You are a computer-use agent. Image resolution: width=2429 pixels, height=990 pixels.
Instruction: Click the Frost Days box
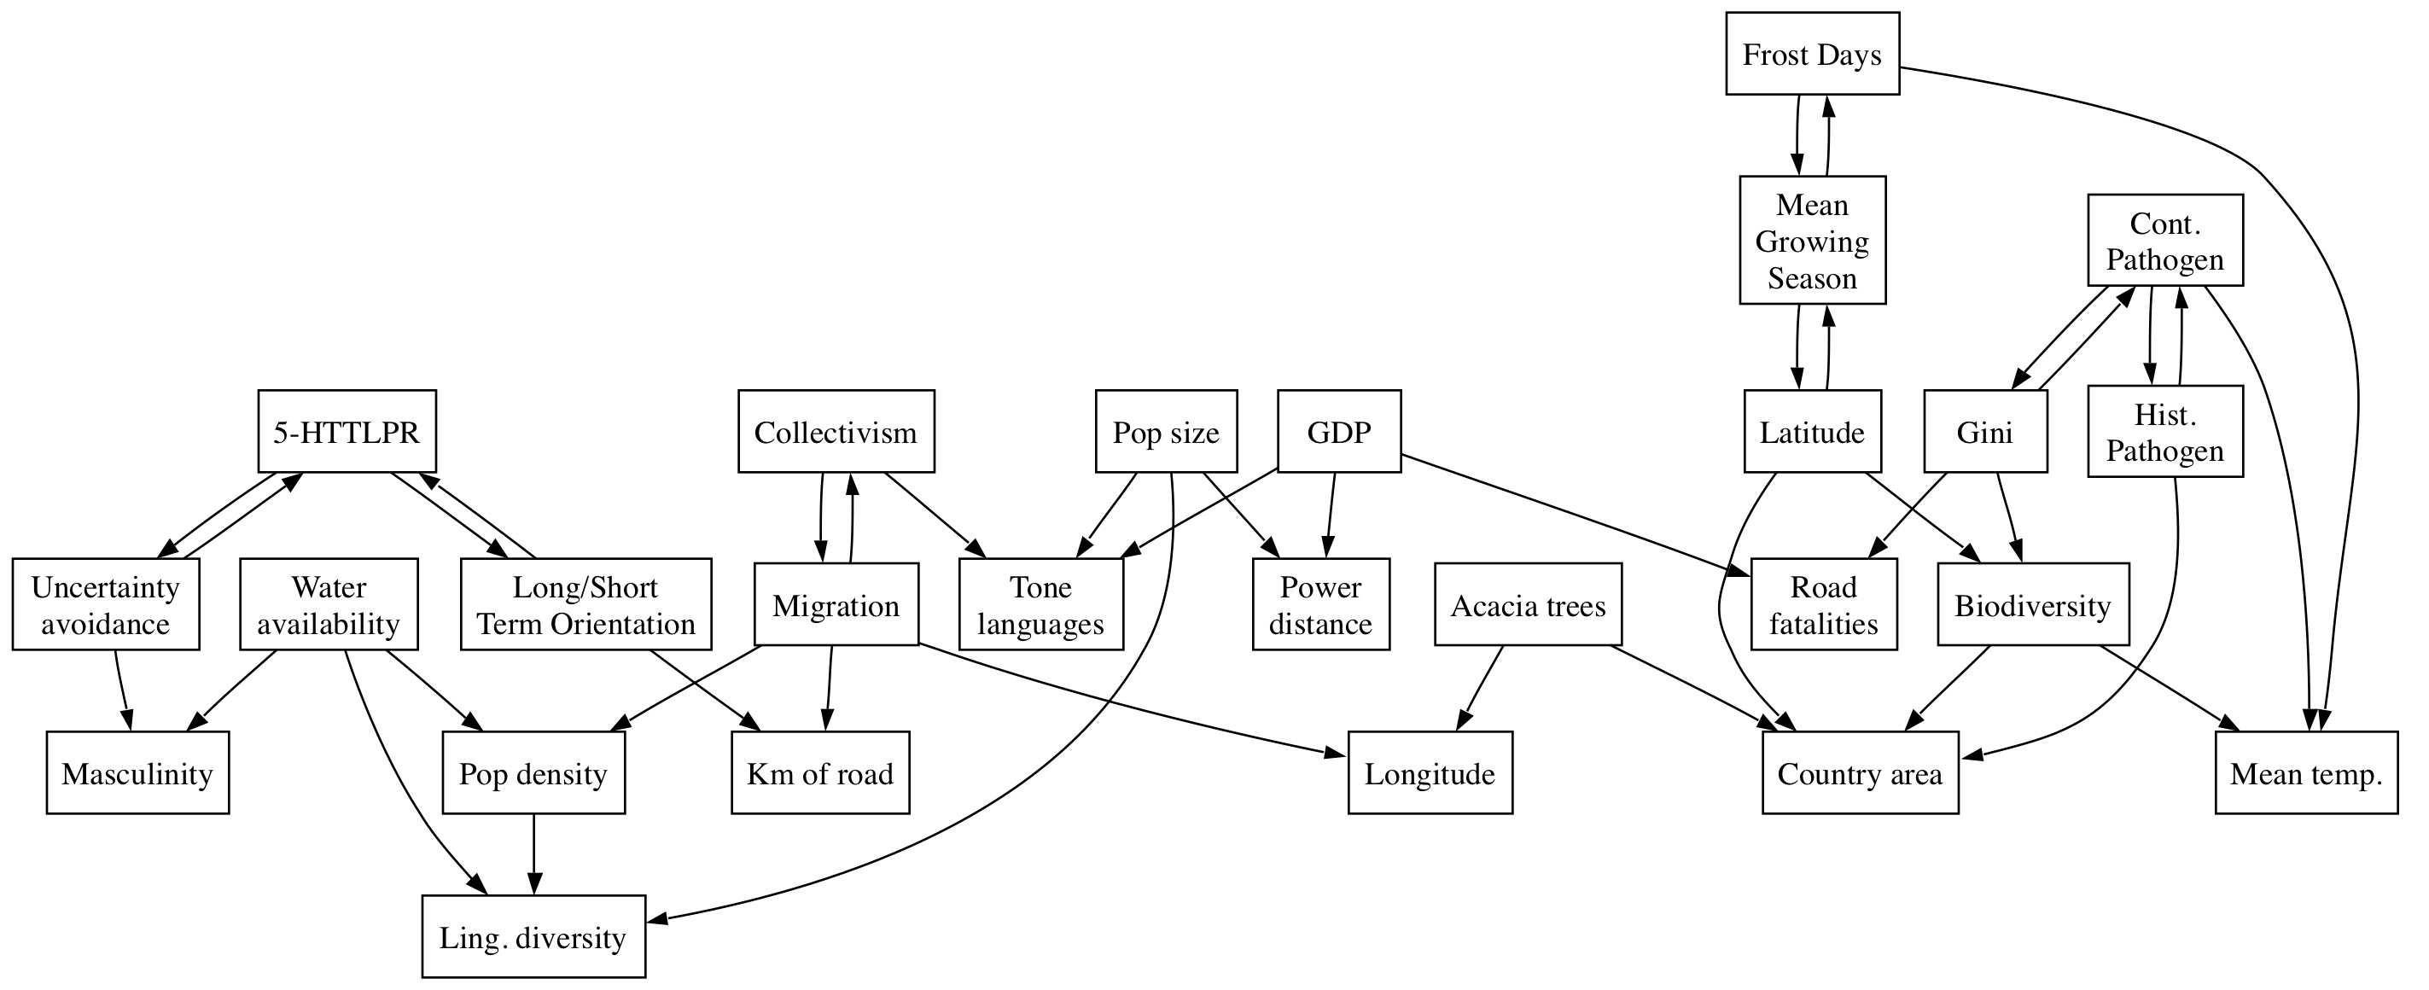pyautogui.click(x=1812, y=54)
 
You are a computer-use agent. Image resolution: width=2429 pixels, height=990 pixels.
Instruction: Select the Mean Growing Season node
pyautogui.click(x=1812, y=241)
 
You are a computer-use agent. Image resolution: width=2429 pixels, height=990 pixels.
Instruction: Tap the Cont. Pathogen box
pyautogui.click(x=2165, y=241)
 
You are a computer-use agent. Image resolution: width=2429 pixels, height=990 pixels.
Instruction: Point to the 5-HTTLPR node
pyautogui.click(x=347, y=432)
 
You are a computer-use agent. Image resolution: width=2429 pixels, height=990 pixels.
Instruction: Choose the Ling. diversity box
pyautogui.click(x=533, y=937)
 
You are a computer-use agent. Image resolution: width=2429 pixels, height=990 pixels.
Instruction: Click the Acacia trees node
pyautogui.click(x=1528, y=604)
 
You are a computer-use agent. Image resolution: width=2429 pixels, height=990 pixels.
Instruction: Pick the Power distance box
pyautogui.click(x=1320, y=604)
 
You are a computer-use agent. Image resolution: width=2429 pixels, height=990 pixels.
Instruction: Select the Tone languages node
pyautogui.click(x=1041, y=604)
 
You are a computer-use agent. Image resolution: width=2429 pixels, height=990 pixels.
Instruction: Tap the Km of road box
pyautogui.click(x=820, y=773)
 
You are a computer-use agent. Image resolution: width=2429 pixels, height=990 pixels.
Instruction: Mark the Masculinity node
pyautogui.click(x=137, y=773)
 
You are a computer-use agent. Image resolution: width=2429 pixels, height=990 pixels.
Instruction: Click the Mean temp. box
pyautogui.click(x=2305, y=773)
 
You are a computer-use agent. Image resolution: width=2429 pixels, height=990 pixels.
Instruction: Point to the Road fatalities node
pyautogui.click(x=1824, y=604)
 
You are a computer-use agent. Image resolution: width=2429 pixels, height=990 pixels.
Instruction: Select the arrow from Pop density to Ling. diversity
pyautogui.click(x=533, y=854)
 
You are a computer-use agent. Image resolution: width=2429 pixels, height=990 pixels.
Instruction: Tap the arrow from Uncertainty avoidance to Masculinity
pyautogui.click(x=123, y=691)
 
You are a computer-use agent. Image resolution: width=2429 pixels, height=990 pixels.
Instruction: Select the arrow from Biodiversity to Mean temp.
pyautogui.click(x=2169, y=688)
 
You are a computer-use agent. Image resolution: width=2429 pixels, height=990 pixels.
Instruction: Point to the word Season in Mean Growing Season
pyautogui.click(x=1812, y=278)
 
